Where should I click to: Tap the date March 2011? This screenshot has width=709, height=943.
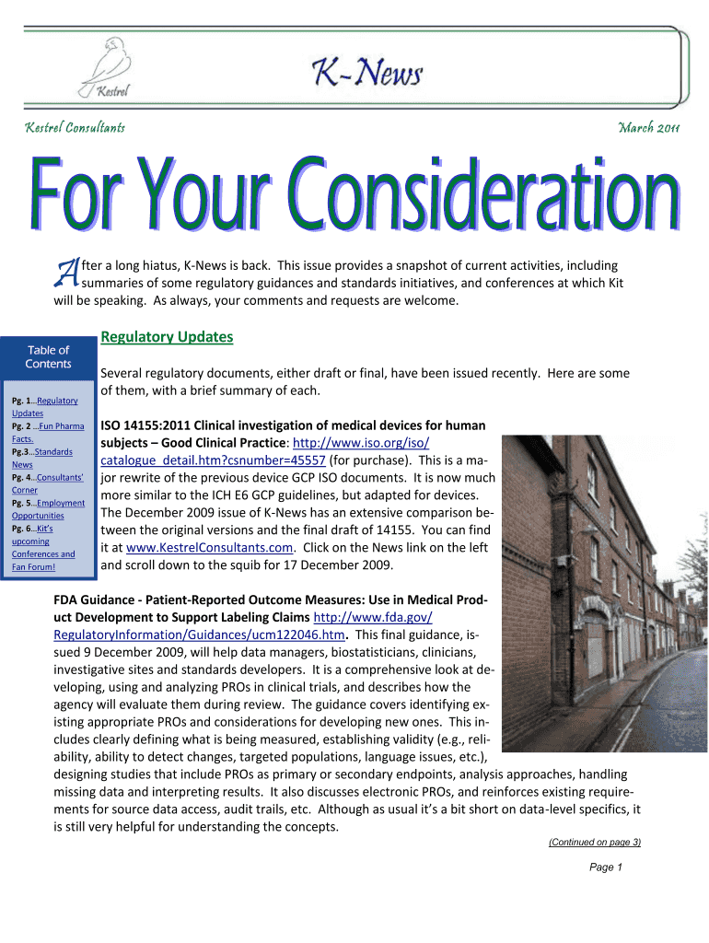[648, 126]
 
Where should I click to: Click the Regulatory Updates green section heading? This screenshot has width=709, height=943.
[167, 337]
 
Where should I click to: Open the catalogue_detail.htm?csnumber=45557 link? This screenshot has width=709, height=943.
[213, 460]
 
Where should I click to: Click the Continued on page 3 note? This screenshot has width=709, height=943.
[594, 842]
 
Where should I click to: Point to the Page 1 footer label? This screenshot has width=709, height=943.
[606, 867]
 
